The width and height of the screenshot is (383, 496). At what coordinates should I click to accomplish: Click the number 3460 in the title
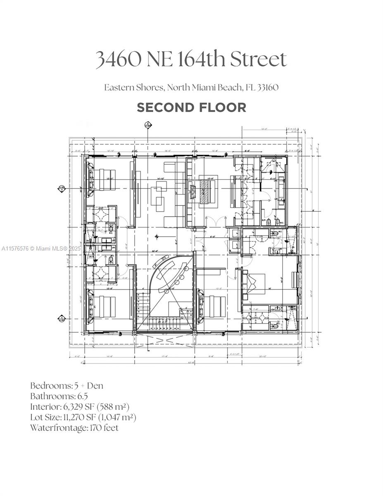pyautogui.click(x=118, y=60)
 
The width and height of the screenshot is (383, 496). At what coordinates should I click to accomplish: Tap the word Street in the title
pyautogui.click(x=258, y=60)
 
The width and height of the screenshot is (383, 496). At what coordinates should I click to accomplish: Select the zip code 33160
pyautogui.click(x=268, y=88)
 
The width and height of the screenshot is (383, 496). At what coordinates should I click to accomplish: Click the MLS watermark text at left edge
pyautogui.click(x=41, y=248)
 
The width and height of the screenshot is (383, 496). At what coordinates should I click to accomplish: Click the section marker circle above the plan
pyautogui.click(x=147, y=124)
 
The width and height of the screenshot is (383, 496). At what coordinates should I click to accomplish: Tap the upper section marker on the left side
pyautogui.click(x=62, y=188)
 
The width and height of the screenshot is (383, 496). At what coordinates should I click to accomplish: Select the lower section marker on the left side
pyautogui.click(x=62, y=318)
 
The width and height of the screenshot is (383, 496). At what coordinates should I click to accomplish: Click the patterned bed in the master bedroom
pyautogui.click(x=205, y=191)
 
